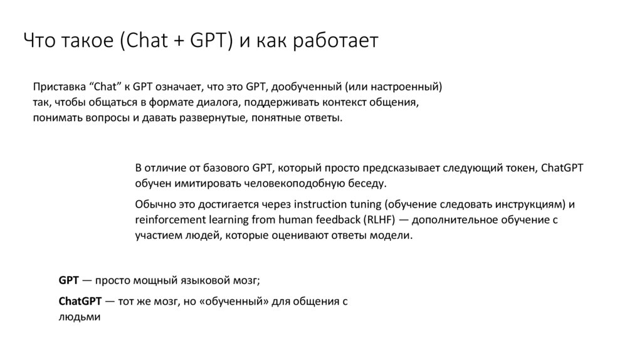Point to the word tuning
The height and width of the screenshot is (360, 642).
(367, 204)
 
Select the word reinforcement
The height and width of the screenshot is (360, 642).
(166, 220)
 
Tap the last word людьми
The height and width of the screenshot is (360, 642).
(79, 317)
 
